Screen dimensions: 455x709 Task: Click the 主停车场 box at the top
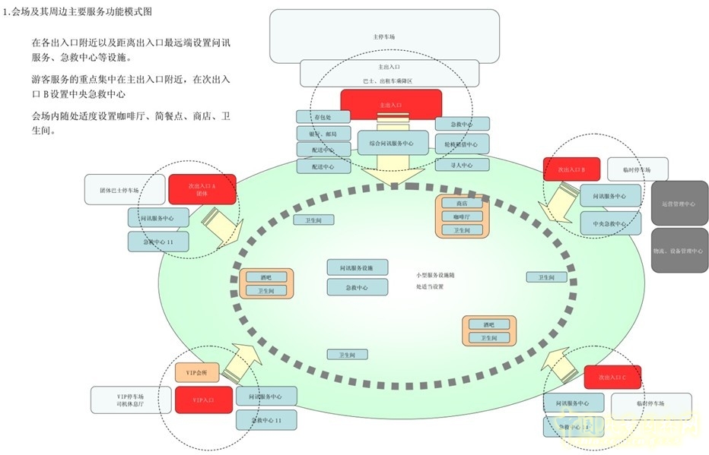pos(384,36)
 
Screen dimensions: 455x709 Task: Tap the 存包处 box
pos(323,117)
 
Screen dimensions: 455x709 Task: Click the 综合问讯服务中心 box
pos(390,142)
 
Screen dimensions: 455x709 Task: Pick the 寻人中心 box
pos(462,164)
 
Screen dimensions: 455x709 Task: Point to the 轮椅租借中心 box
pos(462,144)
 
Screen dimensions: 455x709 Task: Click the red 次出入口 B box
pos(572,169)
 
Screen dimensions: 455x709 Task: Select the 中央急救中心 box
pos(609,223)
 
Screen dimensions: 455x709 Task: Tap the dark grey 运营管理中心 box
pos(679,204)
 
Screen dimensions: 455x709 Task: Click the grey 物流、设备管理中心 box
pos(679,250)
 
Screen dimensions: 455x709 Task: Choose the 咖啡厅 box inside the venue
pos(462,216)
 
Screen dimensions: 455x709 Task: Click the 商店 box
pos(462,204)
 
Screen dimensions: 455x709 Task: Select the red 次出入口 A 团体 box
pos(202,189)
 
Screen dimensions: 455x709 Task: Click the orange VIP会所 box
pos(197,372)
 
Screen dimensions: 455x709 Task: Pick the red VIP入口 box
pos(204,400)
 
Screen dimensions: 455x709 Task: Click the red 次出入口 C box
pos(612,377)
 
